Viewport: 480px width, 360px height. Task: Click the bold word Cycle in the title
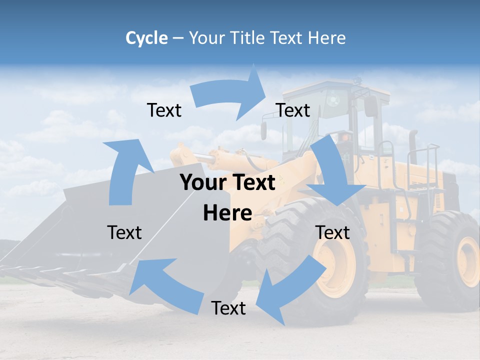click(x=146, y=38)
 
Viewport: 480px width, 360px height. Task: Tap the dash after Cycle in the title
click(x=178, y=38)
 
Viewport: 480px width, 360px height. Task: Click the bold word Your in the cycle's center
click(x=202, y=182)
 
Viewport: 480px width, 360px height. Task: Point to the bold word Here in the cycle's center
click(x=227, y=213)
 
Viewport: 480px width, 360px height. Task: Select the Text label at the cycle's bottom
click(x=228, y=308)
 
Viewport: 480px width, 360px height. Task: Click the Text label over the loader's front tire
click(x=332, y=232)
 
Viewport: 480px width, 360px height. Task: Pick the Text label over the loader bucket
click(x=124, y=232)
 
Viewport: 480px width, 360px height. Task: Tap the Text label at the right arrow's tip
click(x=293, y=110)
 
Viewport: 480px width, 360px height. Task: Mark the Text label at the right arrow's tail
click(x=164, y=110)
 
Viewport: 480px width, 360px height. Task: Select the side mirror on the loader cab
click(x=370, y=106)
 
